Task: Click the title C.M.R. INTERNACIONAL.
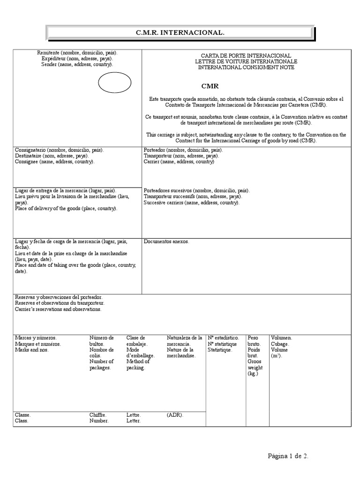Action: point(180,33)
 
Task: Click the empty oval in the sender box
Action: point(114,84)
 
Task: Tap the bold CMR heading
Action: point(210,86)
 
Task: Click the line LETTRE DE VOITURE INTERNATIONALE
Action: point(247,62)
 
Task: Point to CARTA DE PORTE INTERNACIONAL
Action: point(247,56)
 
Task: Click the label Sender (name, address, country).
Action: point(77,64)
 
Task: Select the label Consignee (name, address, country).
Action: point(54,162)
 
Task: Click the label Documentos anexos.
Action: point(166,241)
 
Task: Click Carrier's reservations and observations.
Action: point(58,309)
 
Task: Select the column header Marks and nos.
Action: point(32,350)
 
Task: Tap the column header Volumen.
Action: point(282,337)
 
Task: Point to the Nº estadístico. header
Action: point(224,337)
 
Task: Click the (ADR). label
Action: point(175,415)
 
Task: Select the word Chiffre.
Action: point(98,415)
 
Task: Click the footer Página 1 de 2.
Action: point(288,456)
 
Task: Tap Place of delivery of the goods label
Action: point(66,209)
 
